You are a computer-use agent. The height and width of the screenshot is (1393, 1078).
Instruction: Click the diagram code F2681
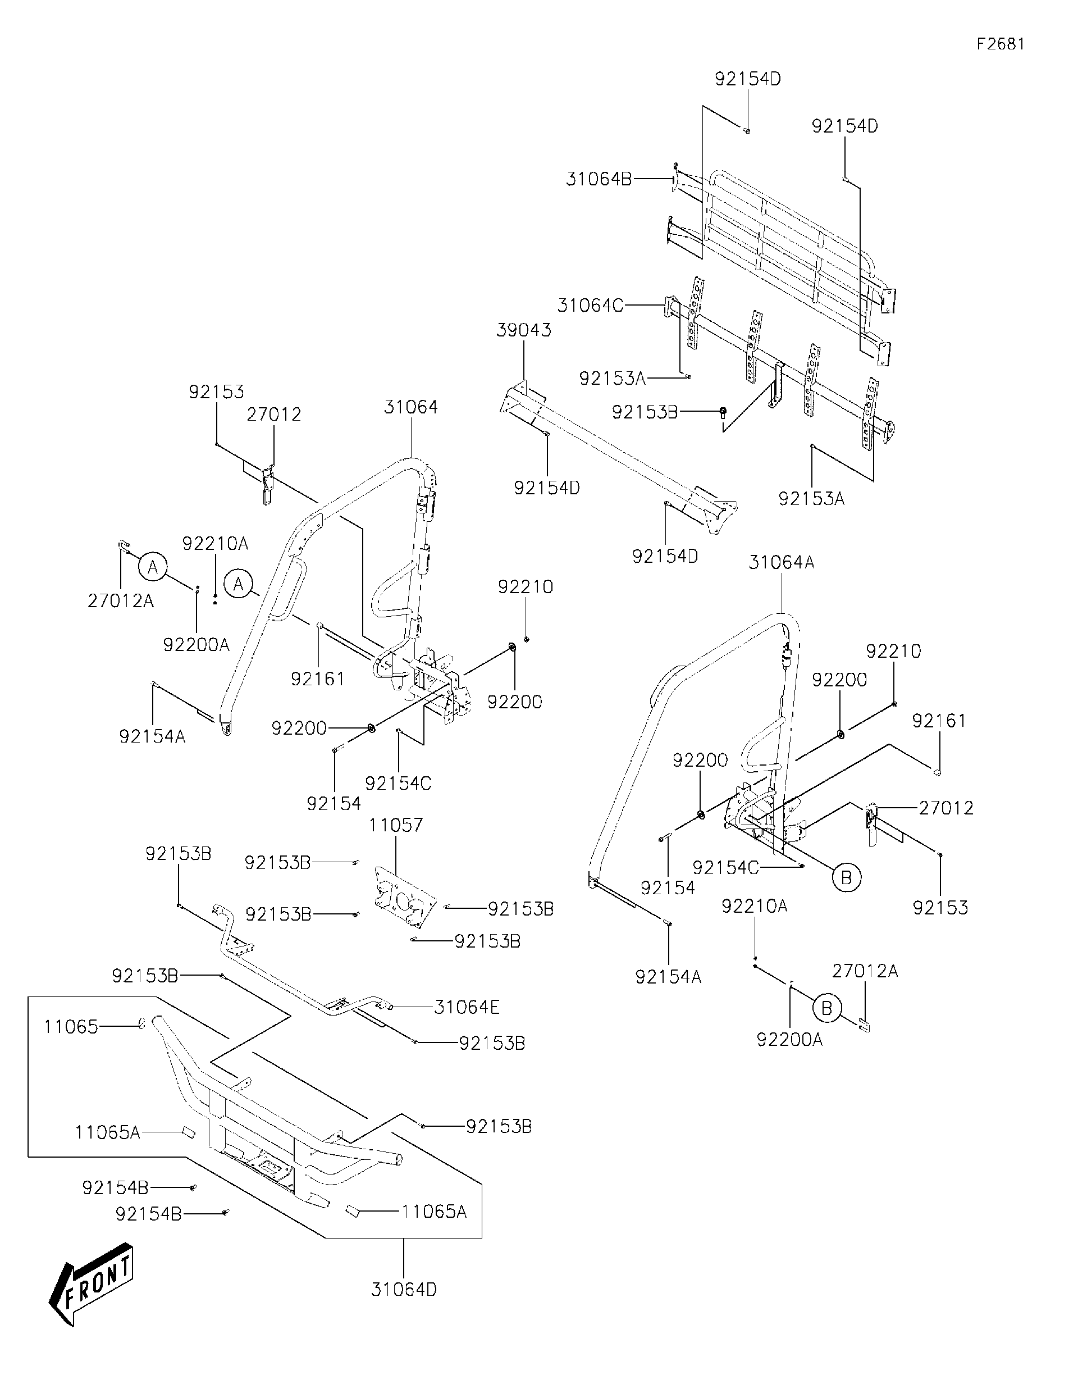[1001, 44]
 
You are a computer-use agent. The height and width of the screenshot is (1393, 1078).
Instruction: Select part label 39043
[523, 330]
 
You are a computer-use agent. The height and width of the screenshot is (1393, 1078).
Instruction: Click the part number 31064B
[599, 180]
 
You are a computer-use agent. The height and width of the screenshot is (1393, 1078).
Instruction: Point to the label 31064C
[590, 306]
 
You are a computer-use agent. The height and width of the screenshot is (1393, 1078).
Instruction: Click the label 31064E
[467, 1007]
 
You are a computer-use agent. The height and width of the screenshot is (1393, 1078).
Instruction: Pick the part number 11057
[395, 825]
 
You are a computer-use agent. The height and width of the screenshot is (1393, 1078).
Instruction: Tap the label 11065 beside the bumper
[71, 1026]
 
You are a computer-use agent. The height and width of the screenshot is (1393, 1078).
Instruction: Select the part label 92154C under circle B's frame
[725, 867]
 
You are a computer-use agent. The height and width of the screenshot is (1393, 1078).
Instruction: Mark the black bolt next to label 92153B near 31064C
[724, 411]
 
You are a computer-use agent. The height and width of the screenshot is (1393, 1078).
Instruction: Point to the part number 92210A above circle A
[216, 543]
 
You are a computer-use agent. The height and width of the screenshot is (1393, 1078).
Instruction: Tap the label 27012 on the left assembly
[273, 414]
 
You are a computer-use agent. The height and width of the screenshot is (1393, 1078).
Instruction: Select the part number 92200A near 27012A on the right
[789, 1040]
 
